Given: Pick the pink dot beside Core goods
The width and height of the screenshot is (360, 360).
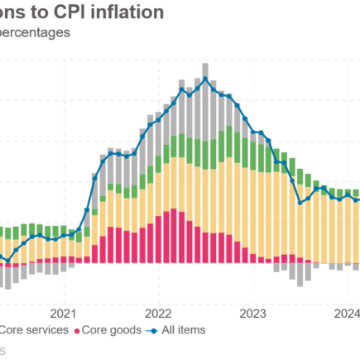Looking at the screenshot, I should click(x=79, y=331).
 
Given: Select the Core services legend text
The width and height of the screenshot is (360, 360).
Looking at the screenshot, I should click(x=33, y=330).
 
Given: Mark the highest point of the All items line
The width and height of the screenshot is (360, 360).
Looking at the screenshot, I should click(x=204, y=79).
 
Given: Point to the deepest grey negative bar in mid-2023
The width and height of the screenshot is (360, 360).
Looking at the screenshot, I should click(x=300, y=274).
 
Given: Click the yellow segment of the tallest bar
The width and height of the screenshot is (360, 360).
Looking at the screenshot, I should click(x=204, y=190).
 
